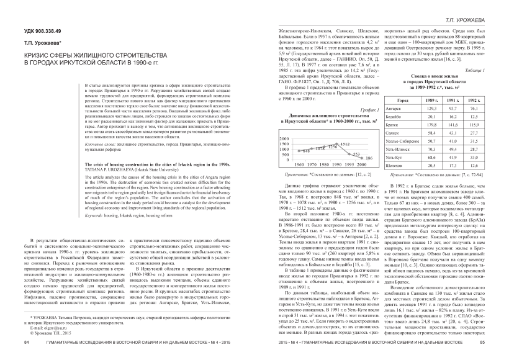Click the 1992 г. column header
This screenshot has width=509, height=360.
pyautogui.click(x=474, y=100)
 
